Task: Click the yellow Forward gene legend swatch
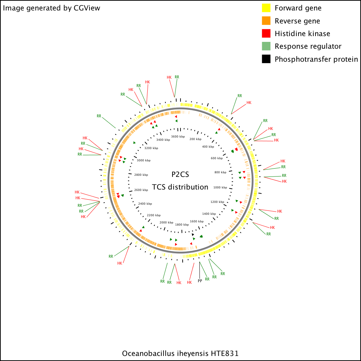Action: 266,8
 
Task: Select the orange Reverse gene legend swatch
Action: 266,21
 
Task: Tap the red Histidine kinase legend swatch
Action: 266,33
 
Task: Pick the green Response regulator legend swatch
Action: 266,46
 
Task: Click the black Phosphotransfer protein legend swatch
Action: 266,59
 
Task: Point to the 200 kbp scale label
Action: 195,139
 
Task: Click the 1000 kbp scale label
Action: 220,187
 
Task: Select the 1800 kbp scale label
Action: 182,225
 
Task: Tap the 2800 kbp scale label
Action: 141,175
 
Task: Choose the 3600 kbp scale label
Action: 178,136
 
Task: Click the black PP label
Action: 200,281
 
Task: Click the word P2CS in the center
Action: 180,174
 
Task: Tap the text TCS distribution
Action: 180,187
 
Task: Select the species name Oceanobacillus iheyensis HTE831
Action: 180,353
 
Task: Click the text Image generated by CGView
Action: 51,8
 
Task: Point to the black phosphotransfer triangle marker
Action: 193,235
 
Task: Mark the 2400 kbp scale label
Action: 145,204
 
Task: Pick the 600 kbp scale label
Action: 217,158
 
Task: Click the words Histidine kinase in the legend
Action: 302,34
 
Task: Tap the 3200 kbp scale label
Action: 151,148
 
